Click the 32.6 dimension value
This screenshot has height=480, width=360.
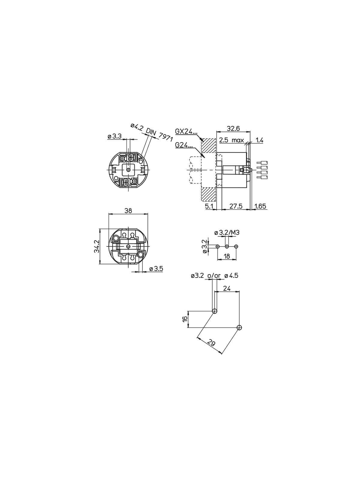(233, 128)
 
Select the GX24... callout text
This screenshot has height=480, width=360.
(186, 131)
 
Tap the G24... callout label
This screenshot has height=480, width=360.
(184, 145)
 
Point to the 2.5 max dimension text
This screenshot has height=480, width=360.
(231, 140)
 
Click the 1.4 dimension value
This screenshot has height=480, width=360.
(259, 140)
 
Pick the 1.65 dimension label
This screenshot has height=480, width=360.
(260, 206)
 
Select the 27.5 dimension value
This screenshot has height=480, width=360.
(236, 206)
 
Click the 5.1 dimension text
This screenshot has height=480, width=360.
(209, 206)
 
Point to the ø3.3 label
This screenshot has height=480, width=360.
(114, 136)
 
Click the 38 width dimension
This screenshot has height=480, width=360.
(128, 211)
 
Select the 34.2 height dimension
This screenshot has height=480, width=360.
(97, 246)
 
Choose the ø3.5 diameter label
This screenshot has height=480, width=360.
(156, 268)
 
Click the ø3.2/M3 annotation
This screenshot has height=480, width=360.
(227, 232)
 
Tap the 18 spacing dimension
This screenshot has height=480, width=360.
(227, 256)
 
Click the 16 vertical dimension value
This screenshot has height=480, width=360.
(185, 319)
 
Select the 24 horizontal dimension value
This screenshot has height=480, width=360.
(227, 288)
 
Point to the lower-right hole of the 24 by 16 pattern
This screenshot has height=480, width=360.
(239, 327)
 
